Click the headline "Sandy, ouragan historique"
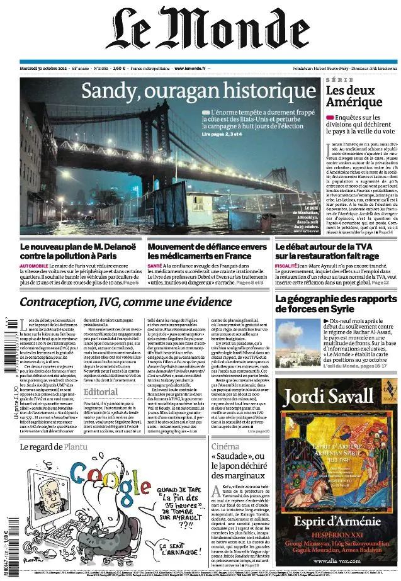198,93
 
